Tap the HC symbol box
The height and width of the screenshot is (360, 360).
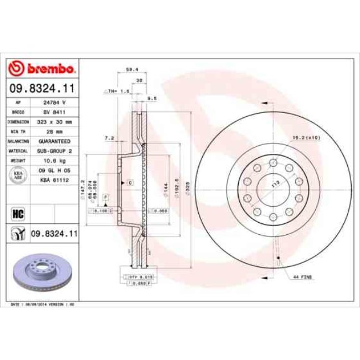coord(17,213)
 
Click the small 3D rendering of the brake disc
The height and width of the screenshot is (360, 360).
coord(39,271)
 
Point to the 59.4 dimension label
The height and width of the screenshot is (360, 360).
coord(132,70)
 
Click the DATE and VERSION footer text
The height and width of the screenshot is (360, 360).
coord(43,305)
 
